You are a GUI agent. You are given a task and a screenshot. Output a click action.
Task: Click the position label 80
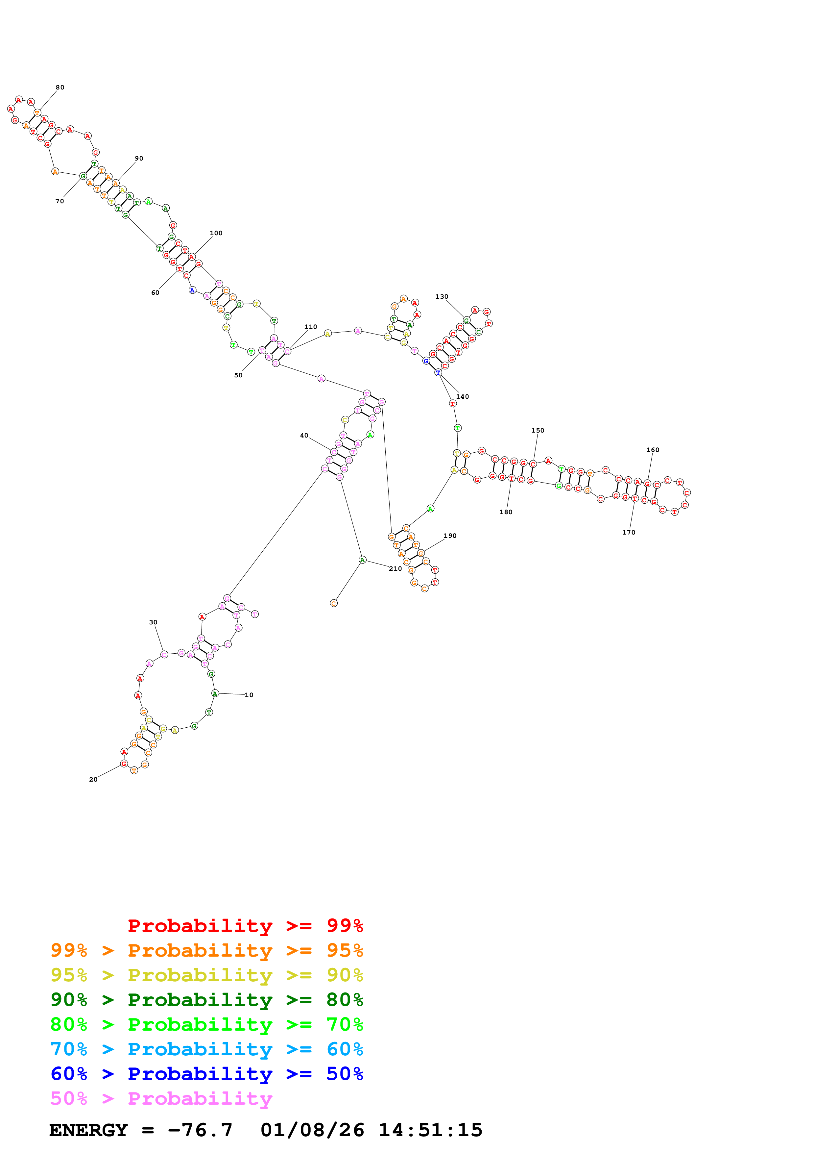point(60,88)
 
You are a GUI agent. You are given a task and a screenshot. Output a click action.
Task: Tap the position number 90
point(139,158)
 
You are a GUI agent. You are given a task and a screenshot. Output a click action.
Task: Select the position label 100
point(216,233)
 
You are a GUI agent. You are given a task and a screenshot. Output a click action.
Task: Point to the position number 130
point(442,296)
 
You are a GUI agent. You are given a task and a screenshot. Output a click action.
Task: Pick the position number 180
point(506,512)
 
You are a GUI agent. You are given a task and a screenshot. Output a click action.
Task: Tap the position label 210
point(395,568)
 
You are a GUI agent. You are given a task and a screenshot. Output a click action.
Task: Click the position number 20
point(93,780)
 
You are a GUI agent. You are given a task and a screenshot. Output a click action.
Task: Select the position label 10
point(249,695)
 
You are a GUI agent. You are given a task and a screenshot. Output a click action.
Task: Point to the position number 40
point(304,436)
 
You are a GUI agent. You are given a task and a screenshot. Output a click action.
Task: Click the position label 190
point(450,536)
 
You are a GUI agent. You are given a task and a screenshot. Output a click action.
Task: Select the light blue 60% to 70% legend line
point(207,1049)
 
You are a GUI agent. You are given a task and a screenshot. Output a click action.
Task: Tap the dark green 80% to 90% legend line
point(207,1000)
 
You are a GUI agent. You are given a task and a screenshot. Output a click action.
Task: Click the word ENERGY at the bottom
point(88,1130)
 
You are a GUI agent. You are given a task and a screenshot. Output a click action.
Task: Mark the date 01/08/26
point(312,1130)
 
